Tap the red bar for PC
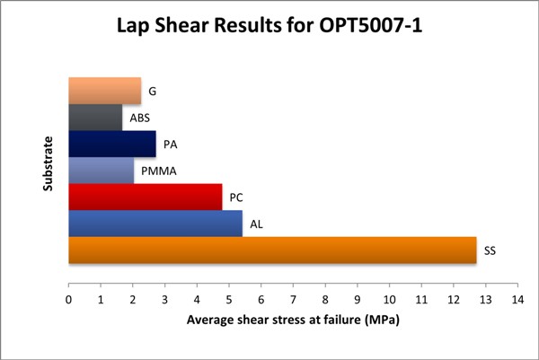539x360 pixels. (x=145, y=197)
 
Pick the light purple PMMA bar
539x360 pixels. (x=101, y=171)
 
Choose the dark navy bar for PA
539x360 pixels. (x=111, y=145)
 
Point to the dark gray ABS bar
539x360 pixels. (x=95, y=118)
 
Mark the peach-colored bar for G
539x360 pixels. (x=104, y=91)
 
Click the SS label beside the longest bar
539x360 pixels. (x=490, y=250)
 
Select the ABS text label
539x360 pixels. (x=139, y=118)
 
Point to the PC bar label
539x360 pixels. (x=236, y=197)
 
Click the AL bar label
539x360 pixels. (x=257, y=224)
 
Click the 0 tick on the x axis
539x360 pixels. (x=69, y=300)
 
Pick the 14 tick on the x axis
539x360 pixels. (x=517, y=300)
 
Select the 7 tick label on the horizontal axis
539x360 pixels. (x=293, y=300)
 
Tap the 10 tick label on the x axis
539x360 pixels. (x=389, y=300)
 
